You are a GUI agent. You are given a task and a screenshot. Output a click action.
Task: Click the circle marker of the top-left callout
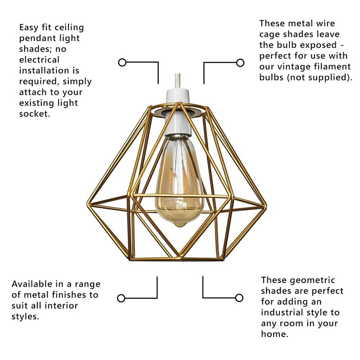[121, 63]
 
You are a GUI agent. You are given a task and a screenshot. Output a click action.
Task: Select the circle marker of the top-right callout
[240, 63]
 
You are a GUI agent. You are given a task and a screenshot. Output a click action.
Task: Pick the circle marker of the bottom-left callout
[121, 298]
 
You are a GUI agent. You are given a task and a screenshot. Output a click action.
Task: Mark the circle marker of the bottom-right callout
[239, 297]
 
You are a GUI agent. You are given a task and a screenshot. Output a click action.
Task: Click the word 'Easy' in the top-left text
[30, 27]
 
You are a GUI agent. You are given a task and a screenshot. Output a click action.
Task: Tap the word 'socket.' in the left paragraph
[34, 114]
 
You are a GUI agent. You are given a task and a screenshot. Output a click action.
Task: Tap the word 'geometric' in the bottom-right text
[311, 280]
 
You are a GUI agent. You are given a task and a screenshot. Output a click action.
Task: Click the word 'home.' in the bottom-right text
[274, 334]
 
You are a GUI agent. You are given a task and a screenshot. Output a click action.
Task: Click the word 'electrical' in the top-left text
[39, 60]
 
